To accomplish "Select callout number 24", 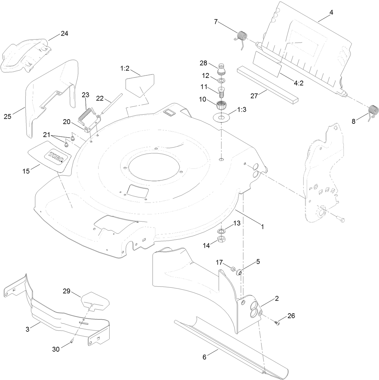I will [64, 34].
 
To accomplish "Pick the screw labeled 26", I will [277, 323].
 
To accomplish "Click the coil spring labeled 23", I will [87, 113].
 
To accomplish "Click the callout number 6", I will [204, 357].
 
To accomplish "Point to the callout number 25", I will [7, 116].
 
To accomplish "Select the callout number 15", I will [26, 171].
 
